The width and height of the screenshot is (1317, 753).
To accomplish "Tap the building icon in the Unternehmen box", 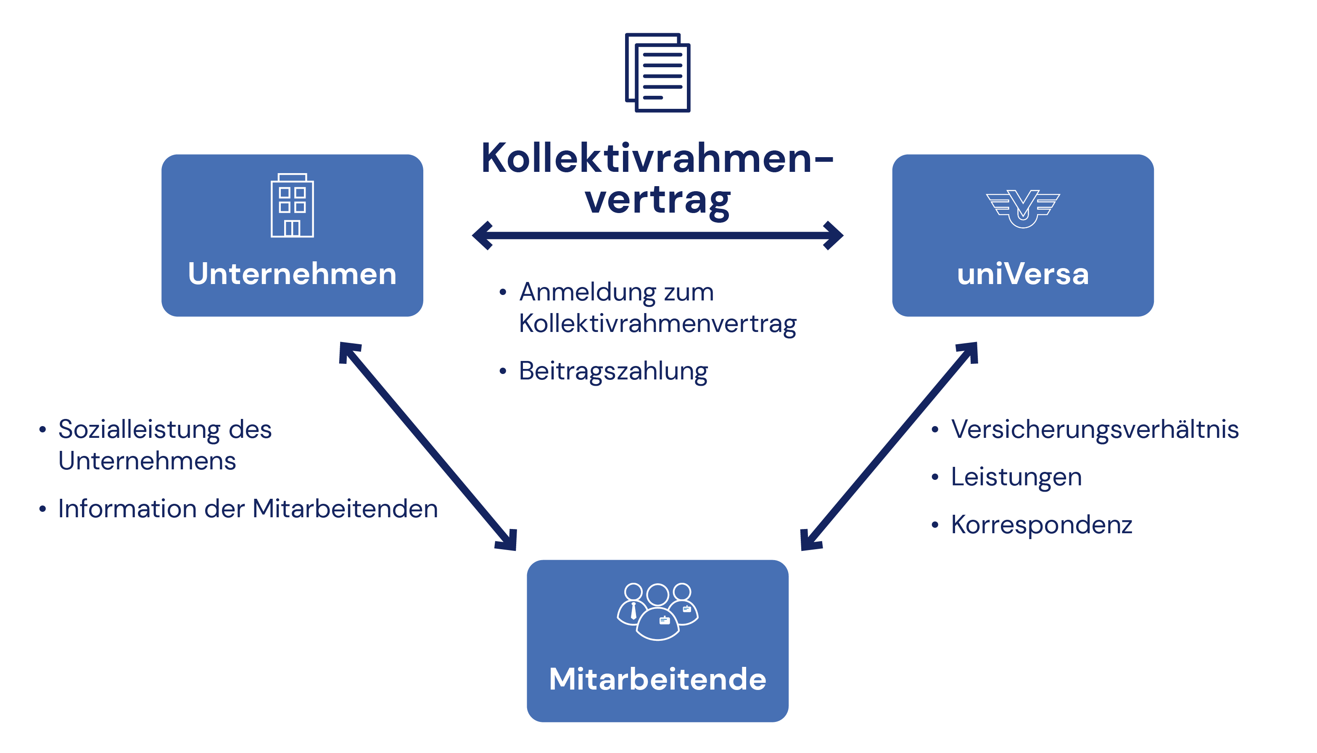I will (292, 205).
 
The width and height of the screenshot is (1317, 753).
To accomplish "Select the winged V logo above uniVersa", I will (1023, 208).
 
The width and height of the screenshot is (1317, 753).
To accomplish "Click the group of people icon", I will (657, 611).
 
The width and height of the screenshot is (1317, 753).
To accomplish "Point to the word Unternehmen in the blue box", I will (292, 274).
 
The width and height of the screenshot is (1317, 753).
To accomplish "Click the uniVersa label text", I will (1023, 274).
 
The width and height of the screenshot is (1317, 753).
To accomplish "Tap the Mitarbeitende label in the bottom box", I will (657, 679).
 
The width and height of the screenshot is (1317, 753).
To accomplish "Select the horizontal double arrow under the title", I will (657, 236).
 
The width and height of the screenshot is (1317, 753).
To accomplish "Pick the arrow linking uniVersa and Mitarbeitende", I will (889, 446).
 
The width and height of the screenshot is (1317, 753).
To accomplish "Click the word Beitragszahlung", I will (613, 371).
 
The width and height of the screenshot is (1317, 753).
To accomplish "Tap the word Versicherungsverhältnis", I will (1095, 429).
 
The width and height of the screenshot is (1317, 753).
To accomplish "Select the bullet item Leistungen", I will (1016, 477).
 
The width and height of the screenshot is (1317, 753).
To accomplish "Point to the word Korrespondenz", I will (1041, 524).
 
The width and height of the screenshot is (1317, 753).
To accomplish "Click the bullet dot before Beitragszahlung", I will (502, 371).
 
